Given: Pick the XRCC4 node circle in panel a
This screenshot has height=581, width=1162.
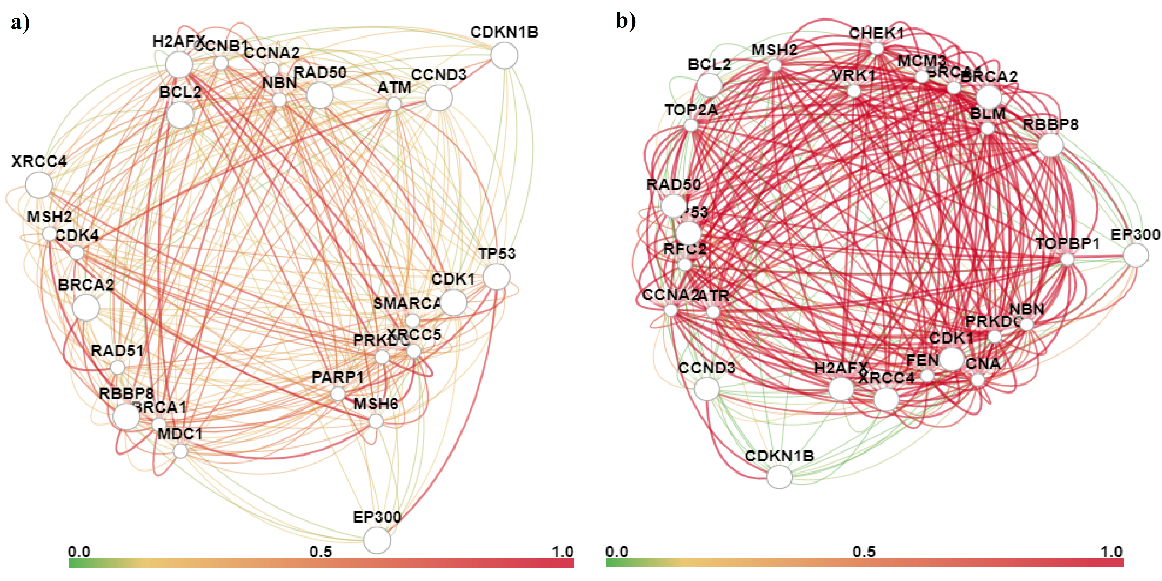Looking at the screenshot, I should click(x=39, y=185).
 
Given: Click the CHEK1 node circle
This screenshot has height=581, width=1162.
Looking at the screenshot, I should click(x=877, y=48).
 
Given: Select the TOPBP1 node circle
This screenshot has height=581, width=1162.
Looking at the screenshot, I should click(x=1067, y=259).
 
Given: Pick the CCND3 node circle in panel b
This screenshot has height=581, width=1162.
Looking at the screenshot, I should click(x=707, y=388).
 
